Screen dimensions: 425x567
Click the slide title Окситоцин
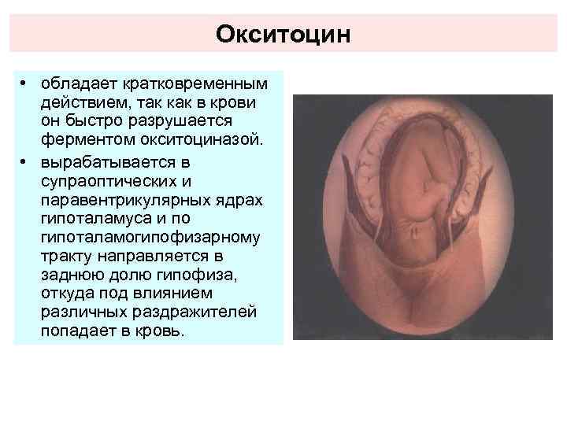(x=283, y=34)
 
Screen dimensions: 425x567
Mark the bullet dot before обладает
(x=26, y=83)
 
